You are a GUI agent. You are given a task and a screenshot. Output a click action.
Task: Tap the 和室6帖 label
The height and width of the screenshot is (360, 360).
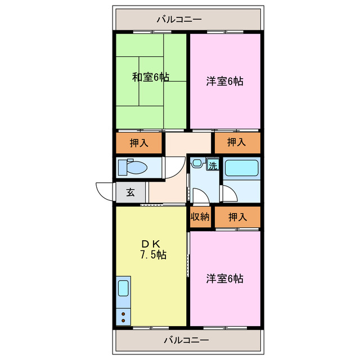[x=151, y=78]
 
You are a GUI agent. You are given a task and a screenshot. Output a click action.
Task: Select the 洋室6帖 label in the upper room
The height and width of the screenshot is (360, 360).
[x=224, y=82]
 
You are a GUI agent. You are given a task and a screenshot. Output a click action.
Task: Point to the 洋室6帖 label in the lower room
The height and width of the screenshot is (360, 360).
[x=224, y=278]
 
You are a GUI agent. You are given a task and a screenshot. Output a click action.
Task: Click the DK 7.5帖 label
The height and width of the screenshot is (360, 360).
[x=151, y=249]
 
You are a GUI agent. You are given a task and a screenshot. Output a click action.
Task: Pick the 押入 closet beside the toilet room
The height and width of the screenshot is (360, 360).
[x=139, y=143]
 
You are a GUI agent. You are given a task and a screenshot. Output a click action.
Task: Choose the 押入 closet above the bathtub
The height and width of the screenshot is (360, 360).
[x=236, y=143]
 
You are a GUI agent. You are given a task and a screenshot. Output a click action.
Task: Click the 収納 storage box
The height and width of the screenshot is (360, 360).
[x=200, y=217]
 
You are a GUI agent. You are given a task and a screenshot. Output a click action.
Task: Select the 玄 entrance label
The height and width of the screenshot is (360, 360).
[x=130, y=192]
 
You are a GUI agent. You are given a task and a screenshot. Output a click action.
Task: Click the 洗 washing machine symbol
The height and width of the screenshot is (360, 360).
[x=213, y=165]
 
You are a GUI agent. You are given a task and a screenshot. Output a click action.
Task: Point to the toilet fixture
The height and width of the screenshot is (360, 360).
[x=133, y=167]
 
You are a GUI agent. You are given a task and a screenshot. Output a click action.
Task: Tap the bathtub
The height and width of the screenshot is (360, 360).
[x=241, y=169]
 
